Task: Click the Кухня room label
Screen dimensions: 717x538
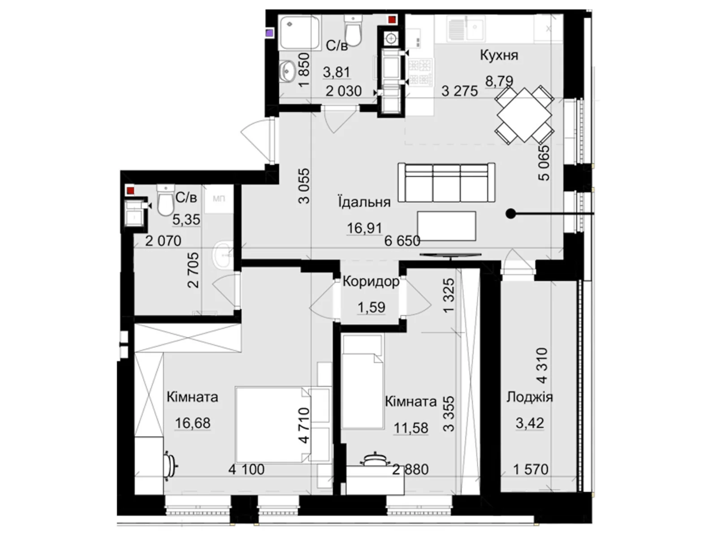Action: pos(499,55)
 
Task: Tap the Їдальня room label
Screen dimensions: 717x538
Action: pos(364,202)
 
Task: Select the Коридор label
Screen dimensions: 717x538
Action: pos(371,282)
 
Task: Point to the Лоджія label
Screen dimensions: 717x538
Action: pos(530,398)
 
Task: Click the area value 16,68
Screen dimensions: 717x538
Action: pos(193,423)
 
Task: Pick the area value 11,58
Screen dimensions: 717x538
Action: pos(410,428)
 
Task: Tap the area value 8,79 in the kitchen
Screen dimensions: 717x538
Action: pos(499,81)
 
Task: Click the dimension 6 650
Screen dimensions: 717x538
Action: pos(402,241)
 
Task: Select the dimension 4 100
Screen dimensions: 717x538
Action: pos(246,470)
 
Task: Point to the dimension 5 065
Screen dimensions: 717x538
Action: pos(544,163)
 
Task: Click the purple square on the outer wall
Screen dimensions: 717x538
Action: pos(269,33)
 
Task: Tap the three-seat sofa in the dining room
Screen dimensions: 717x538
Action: pos(446,182)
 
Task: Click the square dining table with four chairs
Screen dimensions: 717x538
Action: pos(524,115)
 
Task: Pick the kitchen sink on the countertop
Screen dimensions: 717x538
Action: pos(466,29)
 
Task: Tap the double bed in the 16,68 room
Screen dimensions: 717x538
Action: pos(273,425)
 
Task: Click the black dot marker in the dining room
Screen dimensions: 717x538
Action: pos(510,214)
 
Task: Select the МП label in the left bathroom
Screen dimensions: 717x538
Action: pos(219,199)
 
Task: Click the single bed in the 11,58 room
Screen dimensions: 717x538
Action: pos(363,382)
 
